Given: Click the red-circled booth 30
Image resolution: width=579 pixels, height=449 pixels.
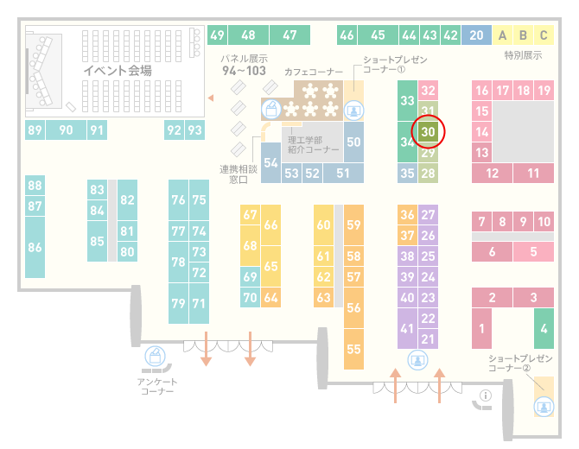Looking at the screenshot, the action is (x=428, y=132).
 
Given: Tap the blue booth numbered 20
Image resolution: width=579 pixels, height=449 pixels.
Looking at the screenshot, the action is (x=476, y=35).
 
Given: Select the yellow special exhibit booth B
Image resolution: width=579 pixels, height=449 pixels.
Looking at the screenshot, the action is (x=523, y=35).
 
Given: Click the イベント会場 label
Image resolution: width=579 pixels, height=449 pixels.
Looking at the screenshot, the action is (x=118, y=70).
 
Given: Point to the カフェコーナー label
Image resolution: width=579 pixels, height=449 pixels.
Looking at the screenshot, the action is (x=314, y=72).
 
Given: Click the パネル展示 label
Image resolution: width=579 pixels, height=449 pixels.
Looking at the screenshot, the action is (x=245, y=59).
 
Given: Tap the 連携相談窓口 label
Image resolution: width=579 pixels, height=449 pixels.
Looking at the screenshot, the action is (x=239, y=174).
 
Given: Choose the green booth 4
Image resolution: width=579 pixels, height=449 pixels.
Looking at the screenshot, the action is (x=544, y=328).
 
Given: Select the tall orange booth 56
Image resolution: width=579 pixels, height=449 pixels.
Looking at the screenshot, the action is (x=353, y=307).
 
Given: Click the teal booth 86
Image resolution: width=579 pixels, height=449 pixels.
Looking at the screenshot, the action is (x=35, y=247).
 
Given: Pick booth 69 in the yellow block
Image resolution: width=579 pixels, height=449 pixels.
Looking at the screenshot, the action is (x=250, y=276).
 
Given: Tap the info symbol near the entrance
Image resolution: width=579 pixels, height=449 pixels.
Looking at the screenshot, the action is (x=485, y=395).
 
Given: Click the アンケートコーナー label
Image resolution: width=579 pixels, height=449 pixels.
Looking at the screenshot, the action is (x=157, y=386).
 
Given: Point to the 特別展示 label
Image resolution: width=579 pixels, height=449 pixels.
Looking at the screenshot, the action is (x=523, y=55).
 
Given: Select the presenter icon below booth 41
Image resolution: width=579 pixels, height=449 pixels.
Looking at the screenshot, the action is (x=417, y=360).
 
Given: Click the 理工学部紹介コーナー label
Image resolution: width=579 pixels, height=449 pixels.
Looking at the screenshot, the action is (x=313, y=145).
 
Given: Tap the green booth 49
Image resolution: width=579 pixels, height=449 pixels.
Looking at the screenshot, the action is (x=217, y=35).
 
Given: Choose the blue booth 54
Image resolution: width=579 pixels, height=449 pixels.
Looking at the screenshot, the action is (x=270, y=162).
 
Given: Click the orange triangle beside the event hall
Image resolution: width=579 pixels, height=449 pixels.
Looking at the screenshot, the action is (x=211, y=98).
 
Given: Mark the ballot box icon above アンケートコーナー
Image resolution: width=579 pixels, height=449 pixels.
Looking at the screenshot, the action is (x=155, y=357).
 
